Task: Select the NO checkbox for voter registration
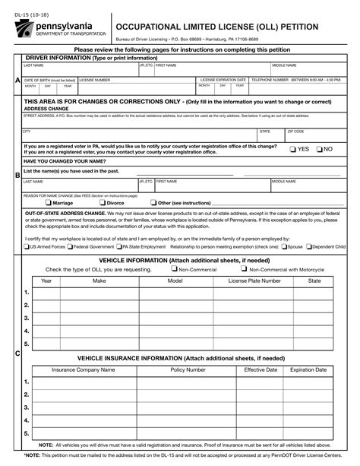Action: pyautogui.click(x=320, y=149)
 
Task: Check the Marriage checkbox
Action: pyautogui.click(x=48, y=203)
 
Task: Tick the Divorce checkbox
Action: pyautogui.click(x=103, y=203)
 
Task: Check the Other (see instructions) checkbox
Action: pyautogui.click(x=153, y=203)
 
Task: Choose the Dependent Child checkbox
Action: pyautogui.click(x=309, y=246)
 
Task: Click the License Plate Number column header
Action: pyautogui.click(x=254, y=281)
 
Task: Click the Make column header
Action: pyautogui.click(x=99, y=281)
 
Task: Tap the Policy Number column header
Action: pyautogui.click(x=188, y=369)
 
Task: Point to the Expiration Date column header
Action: pyautogui.click(x=308, y=369)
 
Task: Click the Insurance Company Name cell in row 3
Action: pyautogui.click(x=83, y=408)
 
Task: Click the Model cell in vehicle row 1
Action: pyautogui.click(x=175, y=293)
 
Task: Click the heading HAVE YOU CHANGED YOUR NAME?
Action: pyautogui.click(x=64, y=161)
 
